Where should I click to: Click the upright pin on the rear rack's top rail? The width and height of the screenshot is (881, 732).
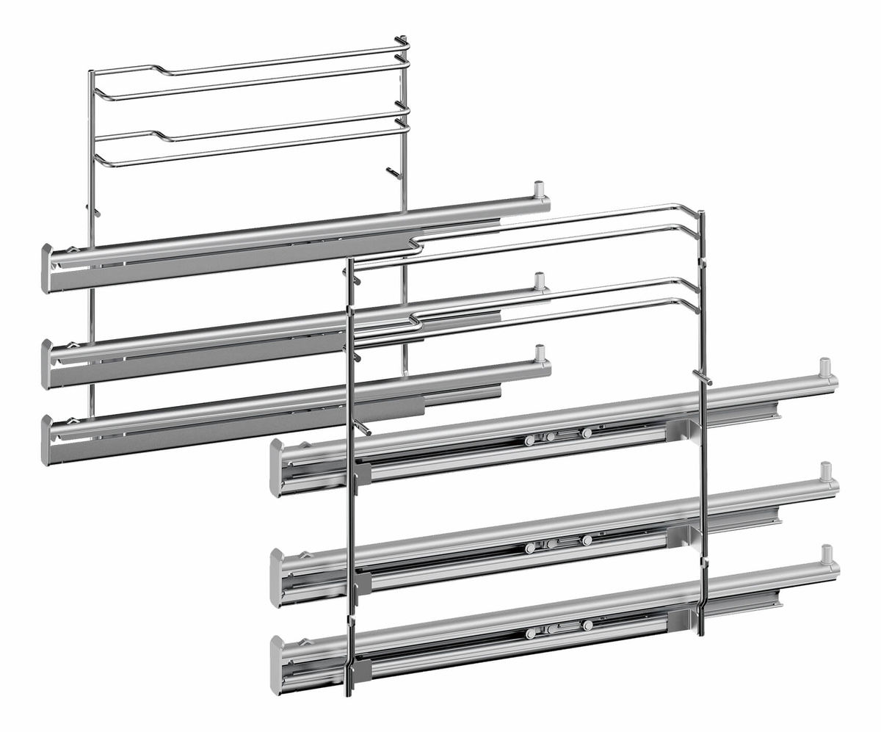pos(540,188)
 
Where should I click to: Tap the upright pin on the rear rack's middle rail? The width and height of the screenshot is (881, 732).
pos(540,280)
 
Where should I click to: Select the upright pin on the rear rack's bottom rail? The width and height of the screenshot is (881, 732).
pos(540,352)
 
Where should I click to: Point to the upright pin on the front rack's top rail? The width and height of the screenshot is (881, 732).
pos(824,366)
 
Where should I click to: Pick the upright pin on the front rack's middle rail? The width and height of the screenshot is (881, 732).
pos(826,471)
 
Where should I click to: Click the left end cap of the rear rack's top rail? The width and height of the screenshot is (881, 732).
pos(48,267)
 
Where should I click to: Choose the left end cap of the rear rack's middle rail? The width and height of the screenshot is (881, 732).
pos(48,363)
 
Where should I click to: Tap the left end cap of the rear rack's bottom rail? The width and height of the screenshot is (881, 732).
pos(48,439)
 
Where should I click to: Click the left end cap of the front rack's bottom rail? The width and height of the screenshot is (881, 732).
pos(277,664)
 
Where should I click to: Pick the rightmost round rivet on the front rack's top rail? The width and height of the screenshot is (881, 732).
pos(586,433)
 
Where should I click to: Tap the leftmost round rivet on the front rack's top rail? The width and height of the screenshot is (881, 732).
pos(529,441)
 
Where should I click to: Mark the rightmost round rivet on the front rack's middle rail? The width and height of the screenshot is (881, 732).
pos(586,540)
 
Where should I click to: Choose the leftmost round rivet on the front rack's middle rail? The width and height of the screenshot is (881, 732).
pos(529,548)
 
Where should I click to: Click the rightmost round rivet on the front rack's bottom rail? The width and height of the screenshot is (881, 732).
pos(587,625)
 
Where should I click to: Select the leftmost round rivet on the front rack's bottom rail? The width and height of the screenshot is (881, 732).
pos(530,632)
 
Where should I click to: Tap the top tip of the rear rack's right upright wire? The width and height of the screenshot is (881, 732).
pos(400,38)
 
